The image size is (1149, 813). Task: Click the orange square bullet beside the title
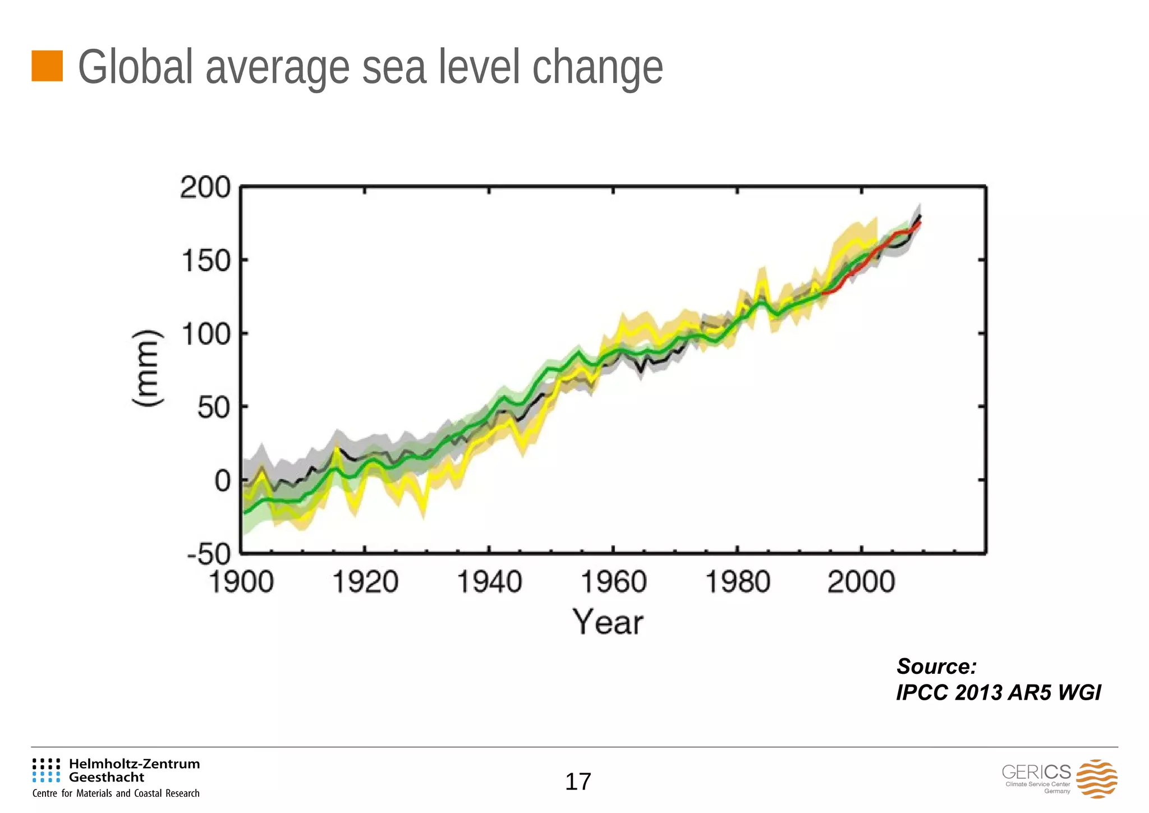point(47,66)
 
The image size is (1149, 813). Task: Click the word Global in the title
point(136,67)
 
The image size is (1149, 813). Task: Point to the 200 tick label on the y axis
point(205,187)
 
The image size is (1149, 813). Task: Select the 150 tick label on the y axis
point(206,261)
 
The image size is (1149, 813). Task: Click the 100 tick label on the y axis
point(206,335)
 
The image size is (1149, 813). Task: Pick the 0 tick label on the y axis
point(222,481)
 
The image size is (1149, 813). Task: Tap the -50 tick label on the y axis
point(209,554)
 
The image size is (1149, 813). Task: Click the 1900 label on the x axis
point(241,582)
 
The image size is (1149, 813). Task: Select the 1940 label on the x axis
point(489,582)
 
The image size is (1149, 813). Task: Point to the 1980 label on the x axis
point(737,582)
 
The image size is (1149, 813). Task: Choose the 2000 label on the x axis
point(861,582)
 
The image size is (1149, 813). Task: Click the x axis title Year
point(608,623)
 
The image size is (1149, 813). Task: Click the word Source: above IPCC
point(936,667)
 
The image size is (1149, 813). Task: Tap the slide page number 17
point(578,782)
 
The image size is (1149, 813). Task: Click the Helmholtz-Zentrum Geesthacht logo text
point(134,770)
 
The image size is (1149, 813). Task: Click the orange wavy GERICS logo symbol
point(1097,779)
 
